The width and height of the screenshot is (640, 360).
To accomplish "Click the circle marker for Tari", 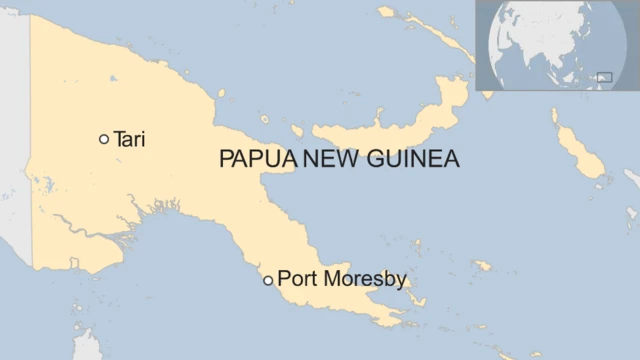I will pyautogui.click(x=104, y=139).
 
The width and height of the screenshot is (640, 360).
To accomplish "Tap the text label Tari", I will pyautogui.click(x=130, y=139).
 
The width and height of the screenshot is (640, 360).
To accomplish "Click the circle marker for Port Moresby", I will pyautogui.click(x=267, y=280).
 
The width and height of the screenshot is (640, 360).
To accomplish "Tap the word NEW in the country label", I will pyautogui.click(x=327, y=160).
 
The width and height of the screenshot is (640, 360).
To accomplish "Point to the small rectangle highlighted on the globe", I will pyautogui.click(x=604, y=76).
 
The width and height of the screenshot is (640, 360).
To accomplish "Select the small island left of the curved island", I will pyautogui.click(x=297, y=129).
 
